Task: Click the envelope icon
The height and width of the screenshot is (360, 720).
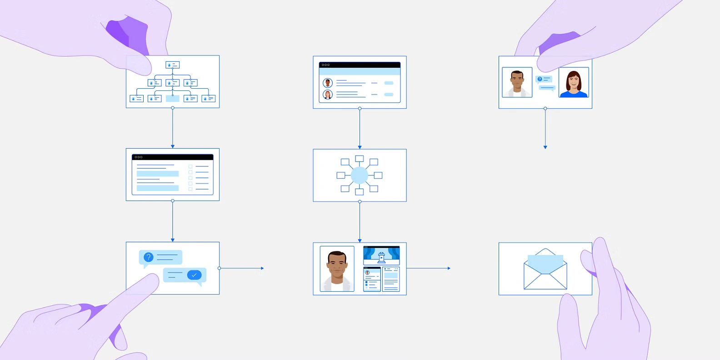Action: (x=545, y=269)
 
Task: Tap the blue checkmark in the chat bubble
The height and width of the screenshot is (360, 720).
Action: (x=194, y=275)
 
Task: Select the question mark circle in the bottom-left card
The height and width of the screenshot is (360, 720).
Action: (x=148, y=257)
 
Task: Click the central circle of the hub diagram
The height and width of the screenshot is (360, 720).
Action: (x=359, y=175)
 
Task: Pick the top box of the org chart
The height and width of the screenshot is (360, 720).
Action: (x=172, y=65)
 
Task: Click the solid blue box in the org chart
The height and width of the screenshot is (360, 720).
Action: (x=172, y=98)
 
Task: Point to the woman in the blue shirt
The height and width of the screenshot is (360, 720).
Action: (x=574, y=83)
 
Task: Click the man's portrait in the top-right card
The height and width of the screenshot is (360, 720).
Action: (x=517, y=83)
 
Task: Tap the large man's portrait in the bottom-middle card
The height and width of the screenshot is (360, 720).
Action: (x=337, y=269)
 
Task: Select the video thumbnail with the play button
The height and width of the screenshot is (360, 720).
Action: (x=381, y=256)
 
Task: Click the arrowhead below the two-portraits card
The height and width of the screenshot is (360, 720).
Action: (x=545, y=147)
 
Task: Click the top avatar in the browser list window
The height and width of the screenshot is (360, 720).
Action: (x=328, y=83)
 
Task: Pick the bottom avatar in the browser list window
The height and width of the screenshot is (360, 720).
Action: (x=328, y=95)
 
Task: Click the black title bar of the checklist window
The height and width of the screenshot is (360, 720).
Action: (x=172, y=157)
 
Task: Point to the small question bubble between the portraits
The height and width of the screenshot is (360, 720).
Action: (x=543, y=79)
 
